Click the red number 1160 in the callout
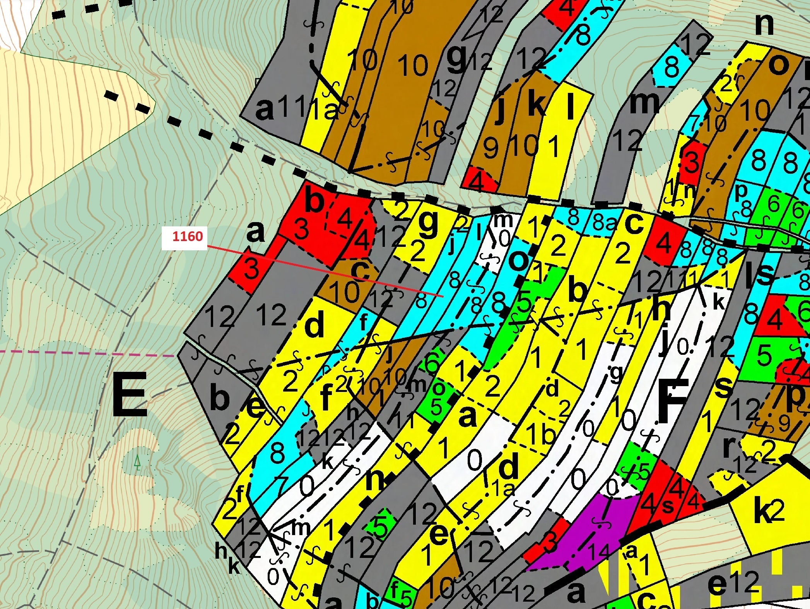[187, 236]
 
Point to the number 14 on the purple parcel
[600, 551]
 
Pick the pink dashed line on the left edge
[77, 353]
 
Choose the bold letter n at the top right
[764, 24]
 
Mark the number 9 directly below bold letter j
[490, 148]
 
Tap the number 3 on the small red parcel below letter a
[251, 269]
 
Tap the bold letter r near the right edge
[730, 446]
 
